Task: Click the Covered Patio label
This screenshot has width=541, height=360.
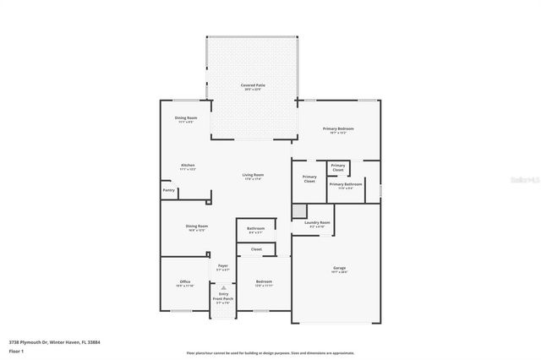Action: [x=253, y=86]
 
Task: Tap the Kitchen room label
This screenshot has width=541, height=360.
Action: [x=188, y=166]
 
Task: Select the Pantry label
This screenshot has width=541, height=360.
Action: [x=169, y=190]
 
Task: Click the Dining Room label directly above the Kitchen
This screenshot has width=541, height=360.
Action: [x=186, y=119]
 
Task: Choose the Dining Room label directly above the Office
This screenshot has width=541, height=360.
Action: [x=197, y=227]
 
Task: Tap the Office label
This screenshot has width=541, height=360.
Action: [x=184, y=282]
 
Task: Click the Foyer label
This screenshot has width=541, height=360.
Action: [x=223, y=267]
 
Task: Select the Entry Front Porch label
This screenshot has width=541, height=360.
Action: [x=223, y=297]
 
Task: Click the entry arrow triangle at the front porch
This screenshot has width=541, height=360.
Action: [x=224, y=287]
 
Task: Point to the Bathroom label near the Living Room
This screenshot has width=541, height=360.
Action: [x=256, y=229]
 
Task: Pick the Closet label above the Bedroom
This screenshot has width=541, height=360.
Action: [x=256, y=249]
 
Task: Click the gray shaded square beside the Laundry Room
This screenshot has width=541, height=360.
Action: [x=299, y=211]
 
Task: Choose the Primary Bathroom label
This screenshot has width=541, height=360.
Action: [x=346, y=184]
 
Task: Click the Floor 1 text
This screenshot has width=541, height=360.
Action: [x=17, y=350]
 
